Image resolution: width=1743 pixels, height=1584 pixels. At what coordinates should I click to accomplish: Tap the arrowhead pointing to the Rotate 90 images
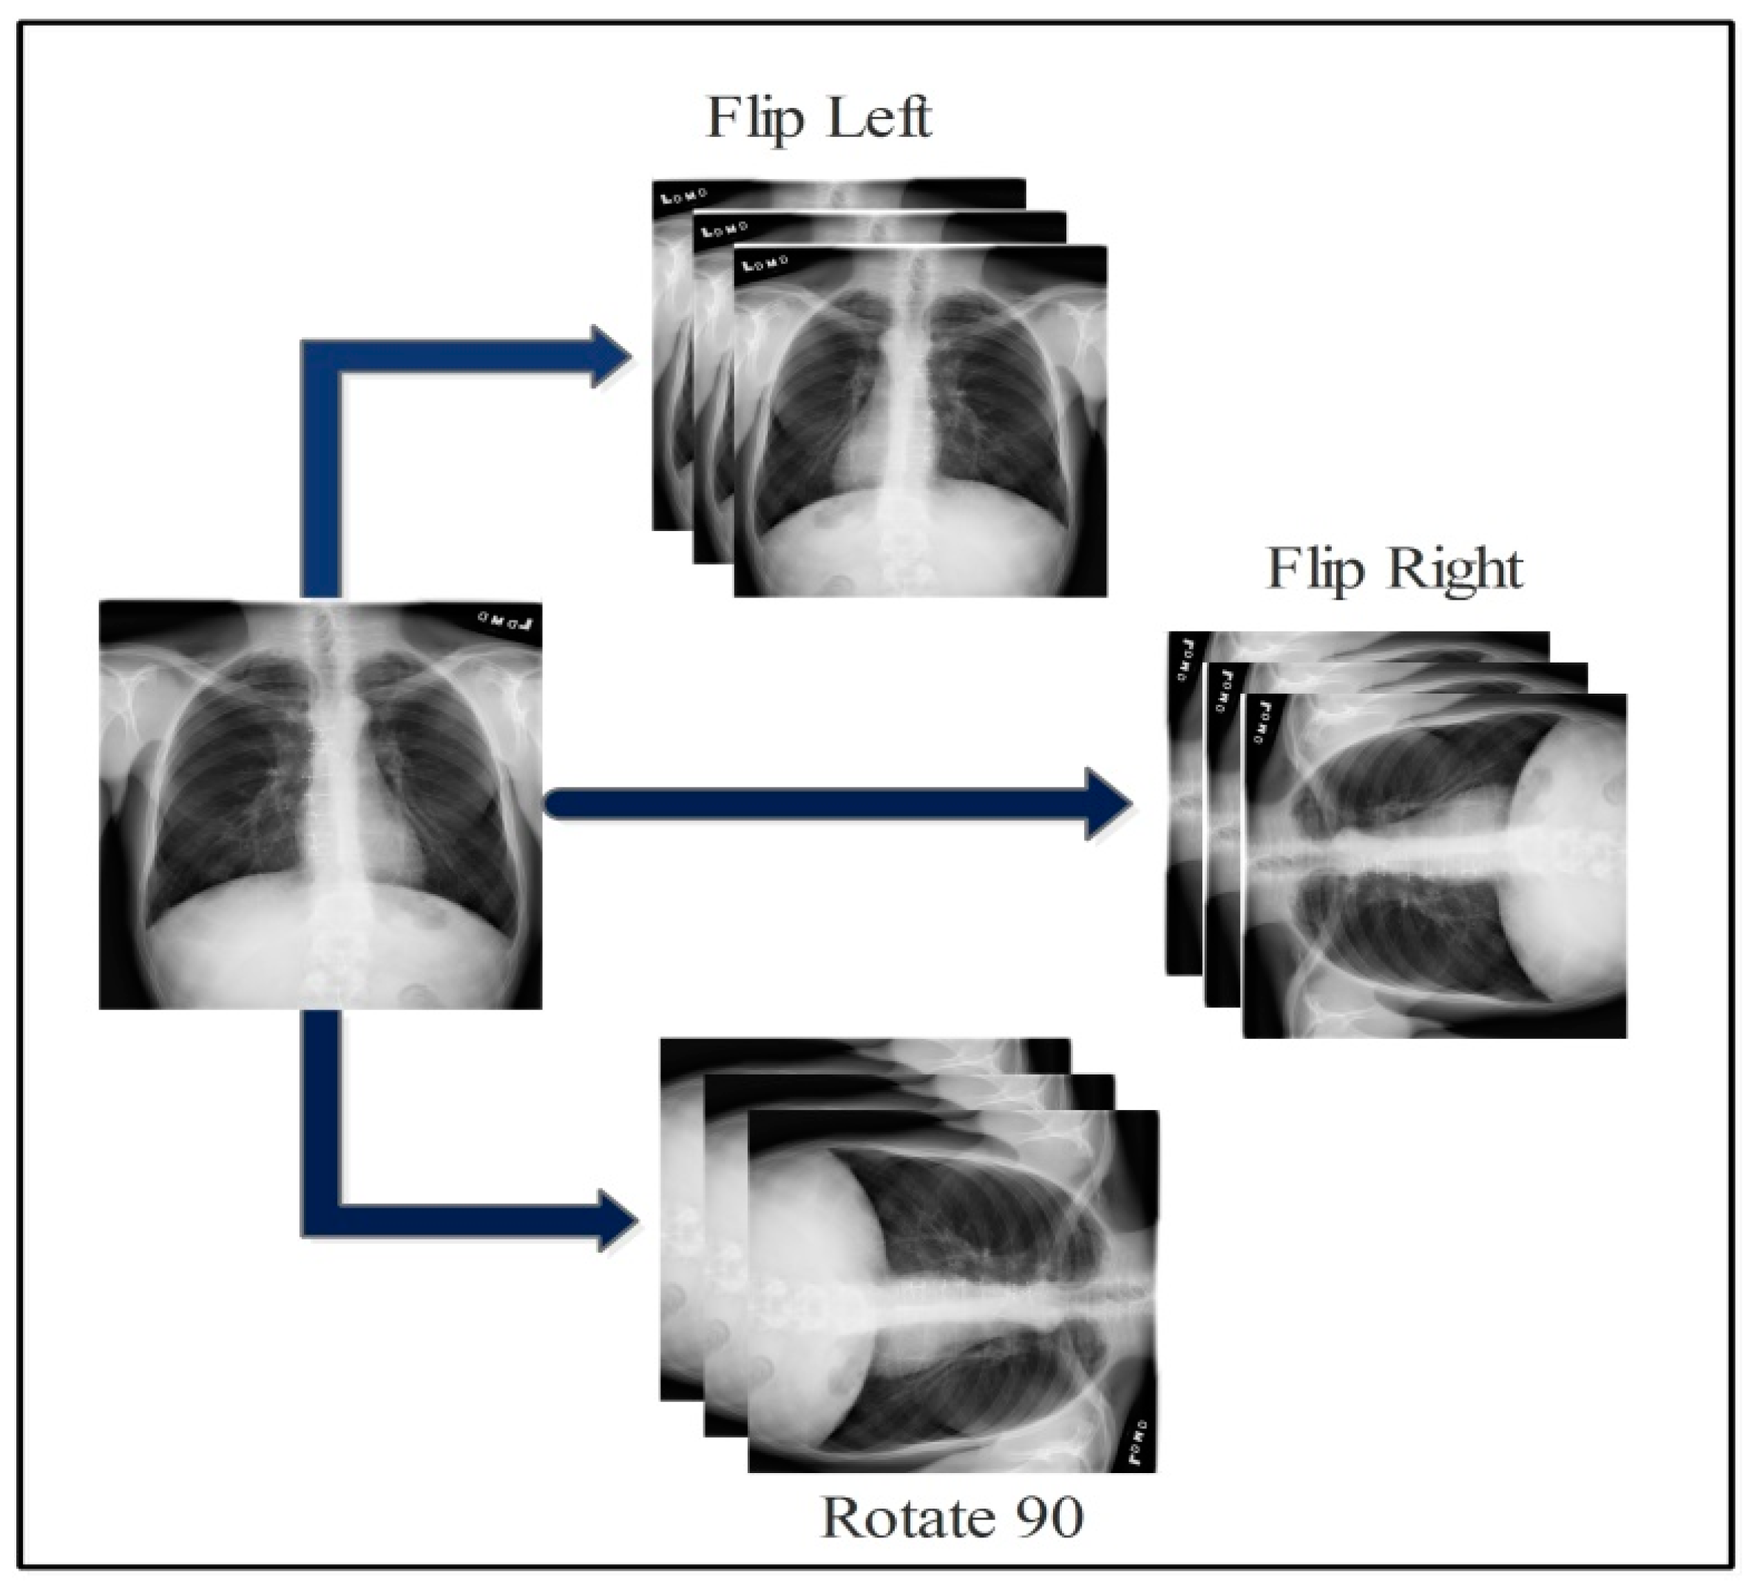(617, 1220)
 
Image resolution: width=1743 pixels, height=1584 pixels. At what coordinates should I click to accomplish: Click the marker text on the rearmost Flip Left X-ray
(684, 195)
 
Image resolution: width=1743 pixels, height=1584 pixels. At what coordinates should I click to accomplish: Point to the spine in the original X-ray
(337, 778)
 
